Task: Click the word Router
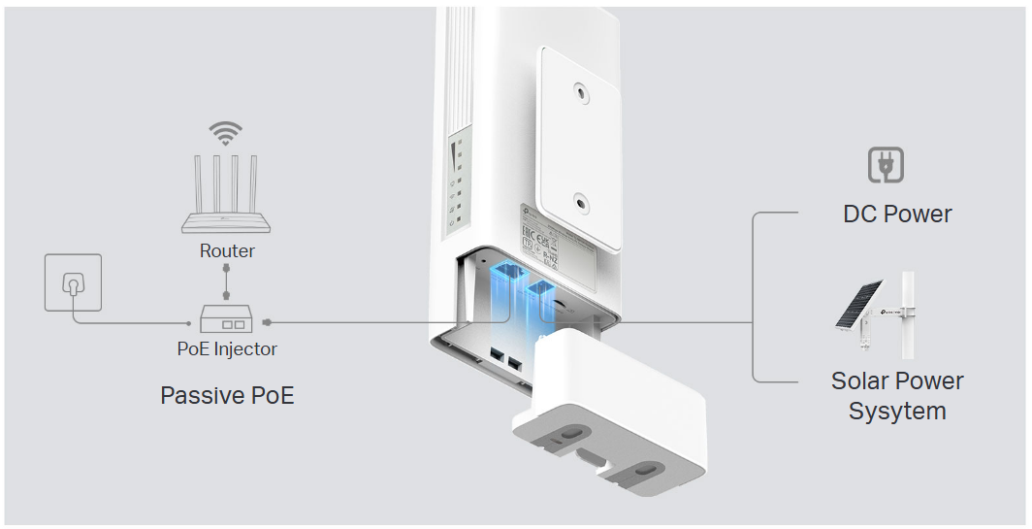(227, 250)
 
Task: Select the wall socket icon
(73, 282)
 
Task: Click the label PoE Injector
(227, 348)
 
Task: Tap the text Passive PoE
(227, 396)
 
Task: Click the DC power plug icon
(886, 166)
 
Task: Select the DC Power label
(897, 214)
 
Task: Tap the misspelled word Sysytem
(897, 411)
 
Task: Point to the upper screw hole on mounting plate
(580, 93)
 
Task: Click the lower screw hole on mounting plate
(580, 203)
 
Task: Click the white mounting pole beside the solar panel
(909, 315)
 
